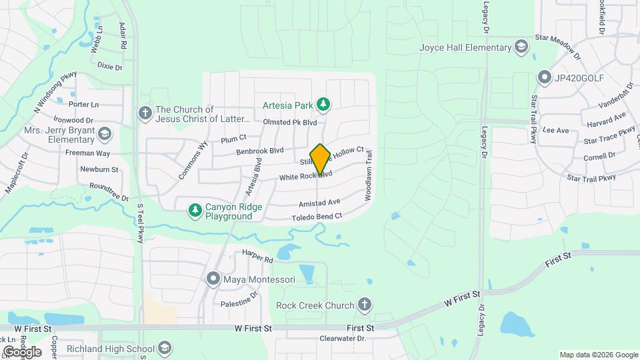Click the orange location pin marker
point(320,159)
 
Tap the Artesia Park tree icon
point(323,104)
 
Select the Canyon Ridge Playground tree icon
point(195,211)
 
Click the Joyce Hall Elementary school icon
point(521,47)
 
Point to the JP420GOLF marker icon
point(544,77)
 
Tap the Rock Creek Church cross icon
point(364,305)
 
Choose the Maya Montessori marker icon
point(213,278)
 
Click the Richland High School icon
point(164,348)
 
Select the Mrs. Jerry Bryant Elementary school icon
point(104,135)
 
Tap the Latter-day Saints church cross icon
point(144,113)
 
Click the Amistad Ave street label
point(320,202)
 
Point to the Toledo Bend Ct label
point(317,217)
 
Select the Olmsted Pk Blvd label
point(290,122)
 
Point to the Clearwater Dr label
point(343,338)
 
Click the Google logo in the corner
point(21,351)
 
